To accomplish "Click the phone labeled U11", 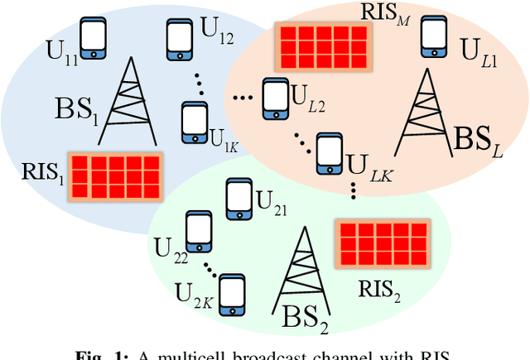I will tap(94, 38).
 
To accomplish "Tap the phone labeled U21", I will tap(238, 198).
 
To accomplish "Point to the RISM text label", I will tap(385, 14).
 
